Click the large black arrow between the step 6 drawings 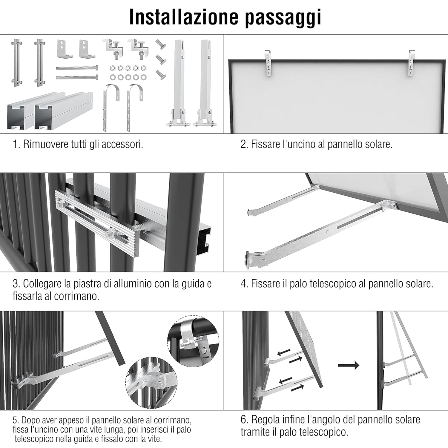349,365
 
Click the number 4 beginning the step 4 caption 243,284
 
